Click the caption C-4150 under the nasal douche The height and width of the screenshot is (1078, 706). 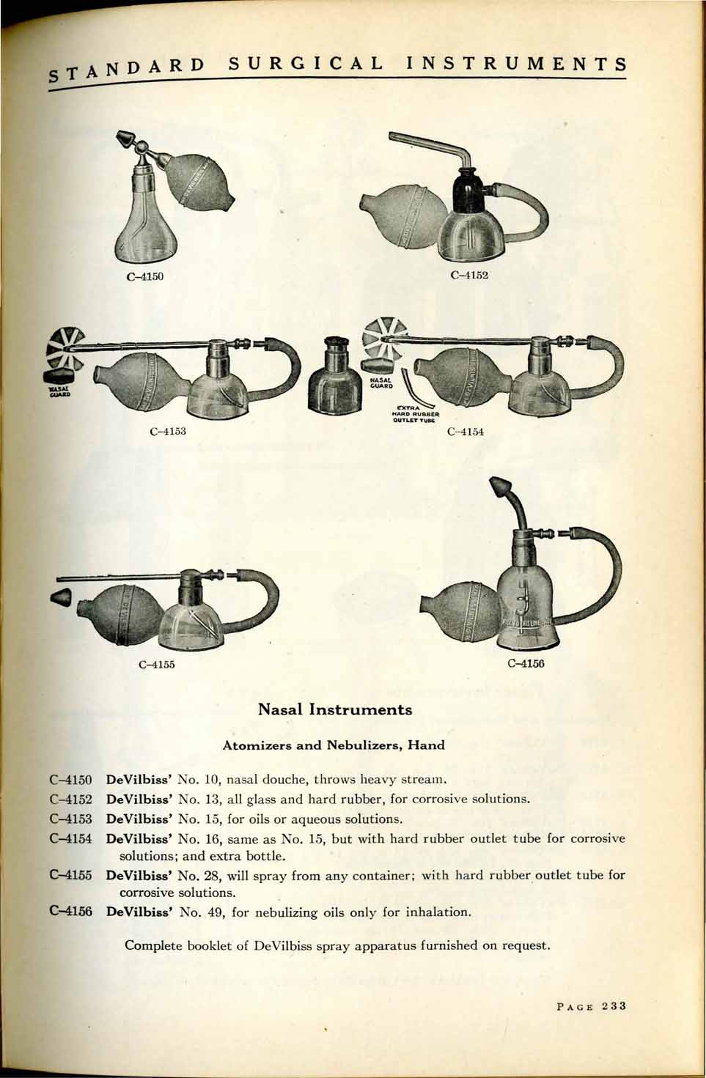(145, 277)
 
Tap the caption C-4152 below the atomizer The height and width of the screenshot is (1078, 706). (469, 276)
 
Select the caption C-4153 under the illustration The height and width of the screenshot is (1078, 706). (168, 431)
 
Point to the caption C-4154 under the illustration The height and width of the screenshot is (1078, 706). (466, 432)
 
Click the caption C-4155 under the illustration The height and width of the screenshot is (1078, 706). (156, 665)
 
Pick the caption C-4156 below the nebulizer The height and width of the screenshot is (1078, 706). (526, 664)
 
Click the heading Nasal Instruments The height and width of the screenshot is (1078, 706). (335, 709)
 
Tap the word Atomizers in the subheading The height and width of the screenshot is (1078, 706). (249, 745)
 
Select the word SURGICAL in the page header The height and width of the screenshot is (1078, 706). (306, 64)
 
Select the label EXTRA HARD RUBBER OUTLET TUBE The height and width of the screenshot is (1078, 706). (415, 414)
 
